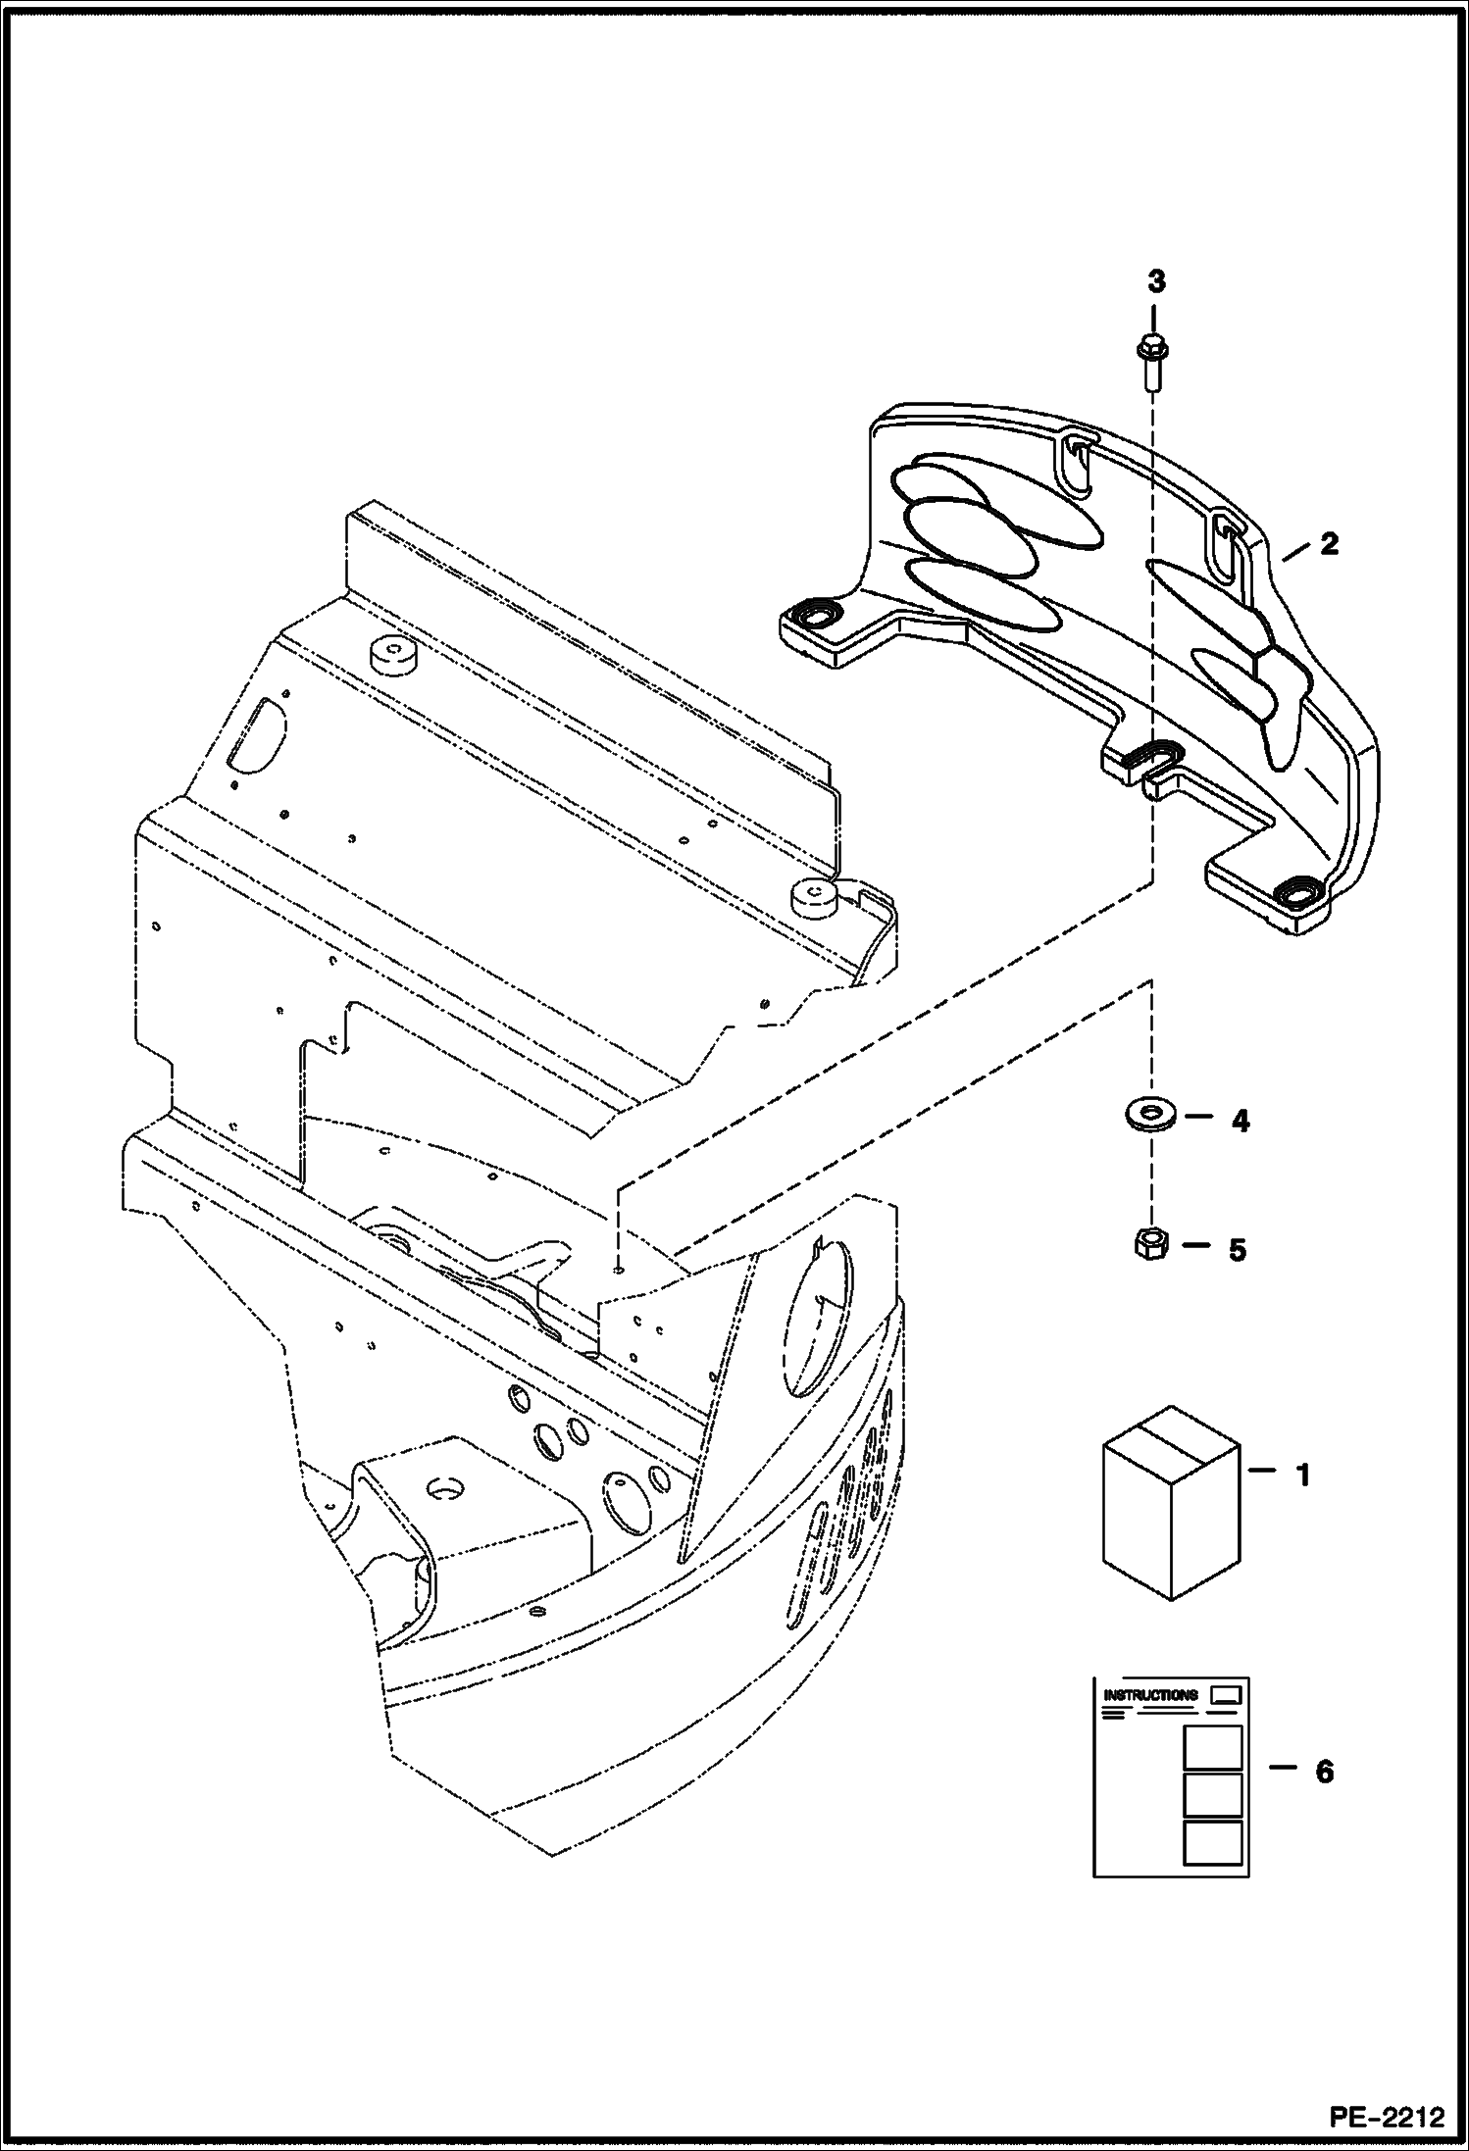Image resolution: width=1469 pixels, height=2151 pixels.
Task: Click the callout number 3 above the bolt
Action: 1156,281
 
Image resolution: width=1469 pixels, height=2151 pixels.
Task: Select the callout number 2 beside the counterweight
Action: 1328,544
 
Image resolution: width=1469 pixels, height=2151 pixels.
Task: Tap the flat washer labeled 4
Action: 1149,1115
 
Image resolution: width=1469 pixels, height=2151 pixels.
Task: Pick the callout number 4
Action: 1241,1121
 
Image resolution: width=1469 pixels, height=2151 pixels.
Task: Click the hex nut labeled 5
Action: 1148,1245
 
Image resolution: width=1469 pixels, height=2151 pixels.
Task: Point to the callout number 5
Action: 1238,1250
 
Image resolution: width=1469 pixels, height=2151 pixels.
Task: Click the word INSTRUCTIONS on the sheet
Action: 1149,1695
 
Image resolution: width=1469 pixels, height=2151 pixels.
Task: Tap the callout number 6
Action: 1324,1772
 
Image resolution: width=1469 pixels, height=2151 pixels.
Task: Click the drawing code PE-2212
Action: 1387,2116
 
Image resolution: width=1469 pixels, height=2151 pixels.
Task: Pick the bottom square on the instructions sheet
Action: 1212,1843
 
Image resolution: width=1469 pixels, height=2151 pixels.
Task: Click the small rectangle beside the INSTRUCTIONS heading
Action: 1227,1694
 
